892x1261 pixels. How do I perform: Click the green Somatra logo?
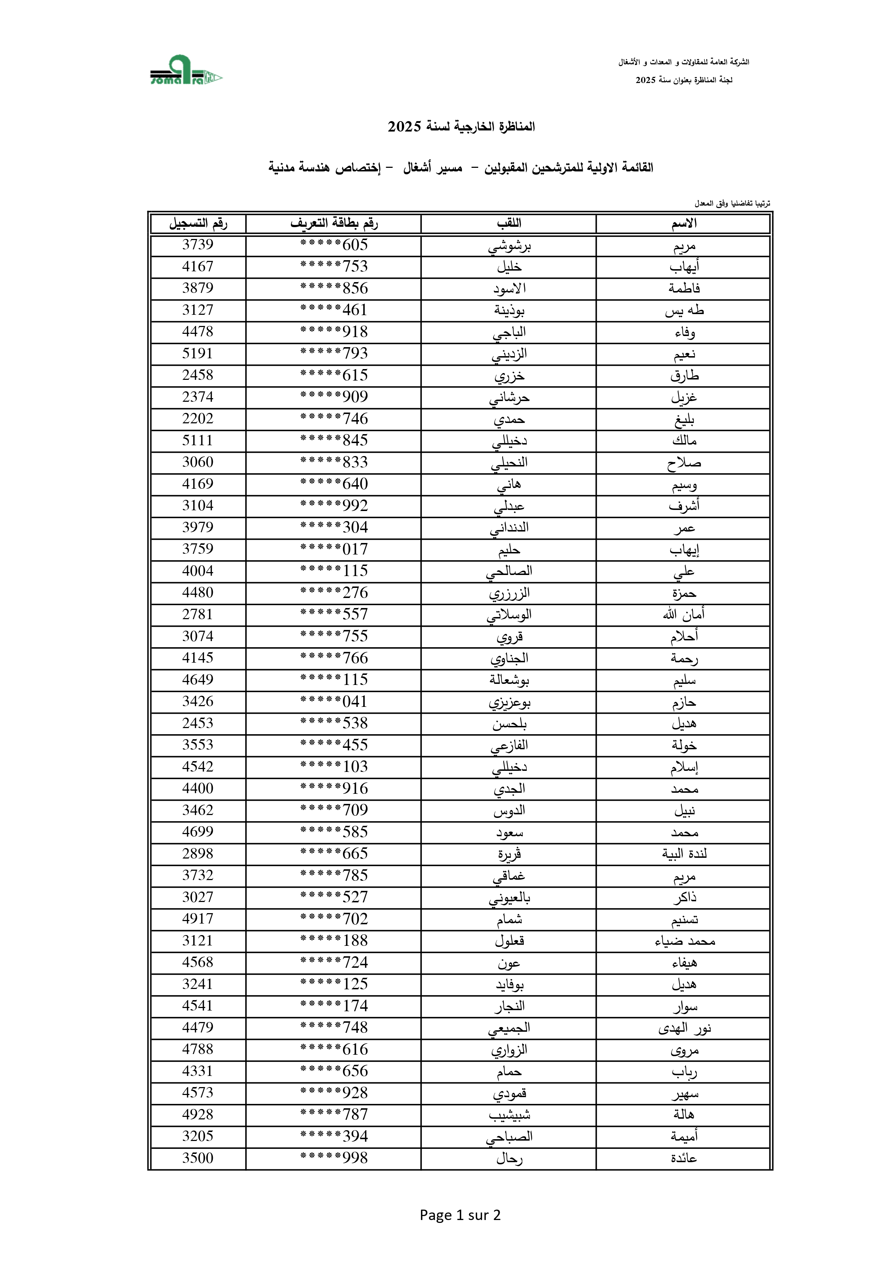[x=186, y=70]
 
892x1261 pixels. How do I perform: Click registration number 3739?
[x=197, y=245]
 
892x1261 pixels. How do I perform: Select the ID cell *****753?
[x=334, y=267]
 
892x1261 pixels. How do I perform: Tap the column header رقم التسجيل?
[x=198, y=224]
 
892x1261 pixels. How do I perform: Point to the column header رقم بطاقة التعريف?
[x=334, y=224]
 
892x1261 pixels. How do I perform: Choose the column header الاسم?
[x=684, y=224]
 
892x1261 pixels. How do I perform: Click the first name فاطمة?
[x=684, y=288]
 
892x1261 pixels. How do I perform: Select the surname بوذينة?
[x=509, y=310]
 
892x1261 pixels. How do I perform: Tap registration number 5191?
[x=197, y=354]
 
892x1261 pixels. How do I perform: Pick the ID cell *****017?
[x=334, y=549]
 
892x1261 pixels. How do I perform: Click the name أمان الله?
[x=684, y=615]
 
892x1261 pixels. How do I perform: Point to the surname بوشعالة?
[x=509, y=680]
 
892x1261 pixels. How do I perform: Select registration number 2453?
[x=197, y=723]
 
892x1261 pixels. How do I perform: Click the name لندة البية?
[x=684, y=854]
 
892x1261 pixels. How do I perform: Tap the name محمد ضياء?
[x=684, y=941]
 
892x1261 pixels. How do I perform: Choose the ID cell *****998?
[x=334, y=1158]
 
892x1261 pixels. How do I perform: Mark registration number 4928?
[x=197, y=1115]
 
